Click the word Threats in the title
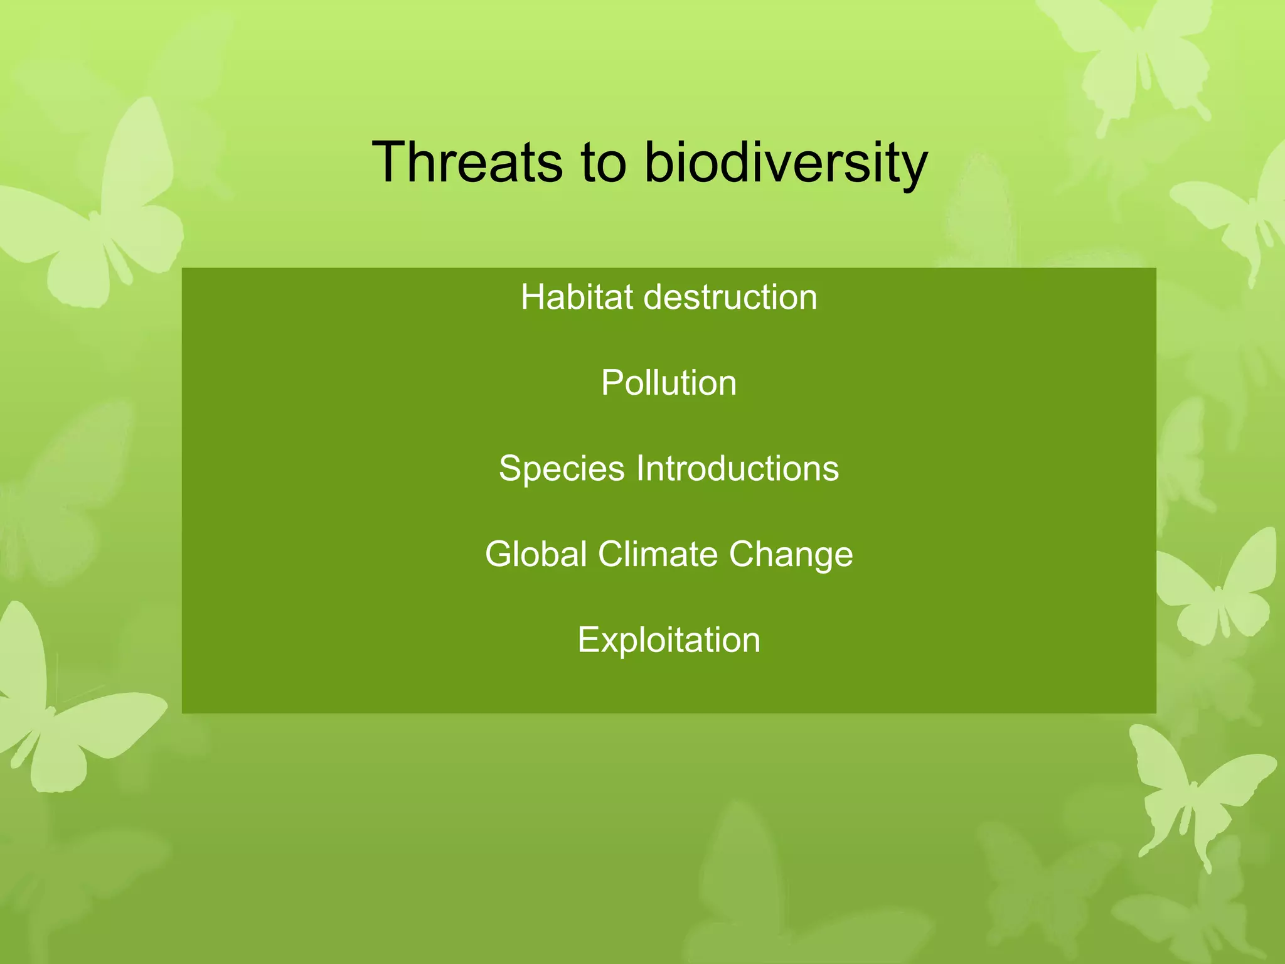(x=467, y=162)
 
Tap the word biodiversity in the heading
(x=786, y=163)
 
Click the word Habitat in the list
(x=577, y=297)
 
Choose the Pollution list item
(x=669, y=383)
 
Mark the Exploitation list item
(x=669, y=640)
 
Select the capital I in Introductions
(x=640, y=468)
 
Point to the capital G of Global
(x=500, y=554)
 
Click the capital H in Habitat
(x=533, y=297)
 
